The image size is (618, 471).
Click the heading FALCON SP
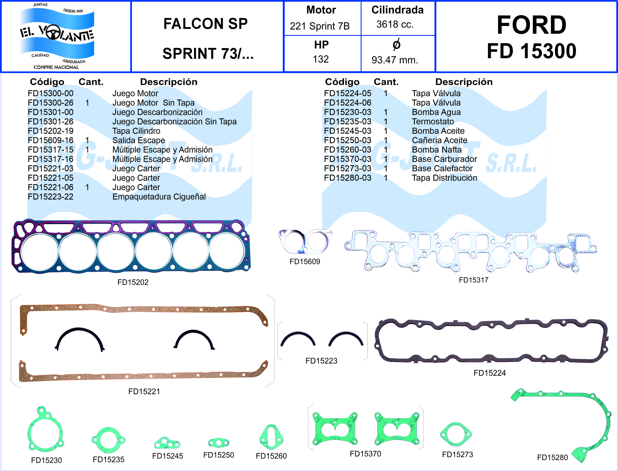(x=206, y=24)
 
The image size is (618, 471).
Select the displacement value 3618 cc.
(x=395, y=25)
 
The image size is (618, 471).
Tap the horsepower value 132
(x=321, y=59)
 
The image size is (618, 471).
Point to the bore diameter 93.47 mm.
(x=395, y=60)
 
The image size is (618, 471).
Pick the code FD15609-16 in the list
(x=51, y=140)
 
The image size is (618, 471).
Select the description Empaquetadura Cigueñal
(x=159, y=197)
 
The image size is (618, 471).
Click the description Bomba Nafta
(x=437, y=150)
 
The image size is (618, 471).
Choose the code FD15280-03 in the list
(x=347, y=178)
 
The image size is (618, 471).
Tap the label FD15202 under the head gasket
(x=133, y=282)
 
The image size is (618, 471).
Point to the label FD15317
(x=473, y=280)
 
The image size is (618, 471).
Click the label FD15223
(x=321, y=361)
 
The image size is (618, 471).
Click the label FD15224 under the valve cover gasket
(x=490, y=373)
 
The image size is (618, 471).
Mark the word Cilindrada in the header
(x=397, y=10)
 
